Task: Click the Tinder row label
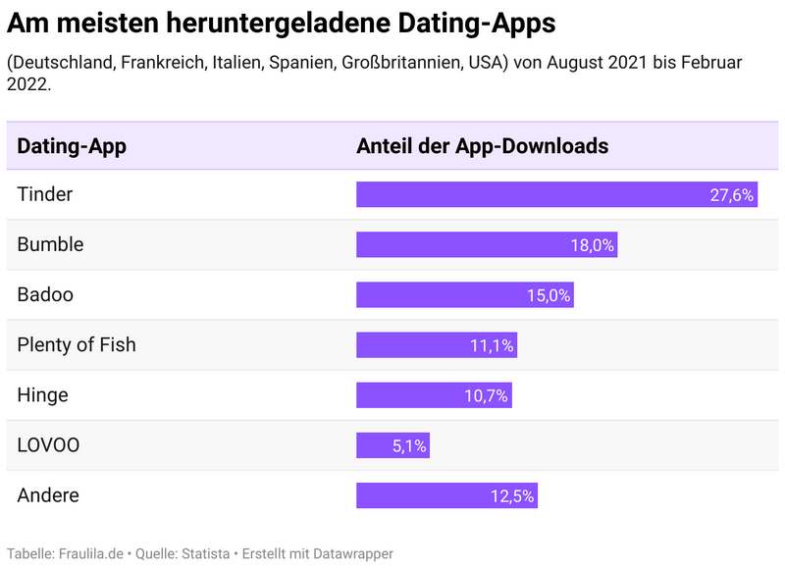tap(45, 194)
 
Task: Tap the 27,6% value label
tap(732, 195)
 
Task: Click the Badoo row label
tap(45, 294)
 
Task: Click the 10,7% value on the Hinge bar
tap(487, 395)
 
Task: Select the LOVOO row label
tap(49, 445)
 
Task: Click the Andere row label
tap(48, 495)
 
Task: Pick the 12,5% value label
tap(512, 496)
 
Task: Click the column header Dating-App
tap(72, 146)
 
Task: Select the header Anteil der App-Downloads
tap(482, 146)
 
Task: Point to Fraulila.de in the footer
tap(91, 554)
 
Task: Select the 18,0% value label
tap(593, 245)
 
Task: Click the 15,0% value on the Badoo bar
tap(549, 295)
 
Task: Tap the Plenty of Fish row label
tap(77, 344)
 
